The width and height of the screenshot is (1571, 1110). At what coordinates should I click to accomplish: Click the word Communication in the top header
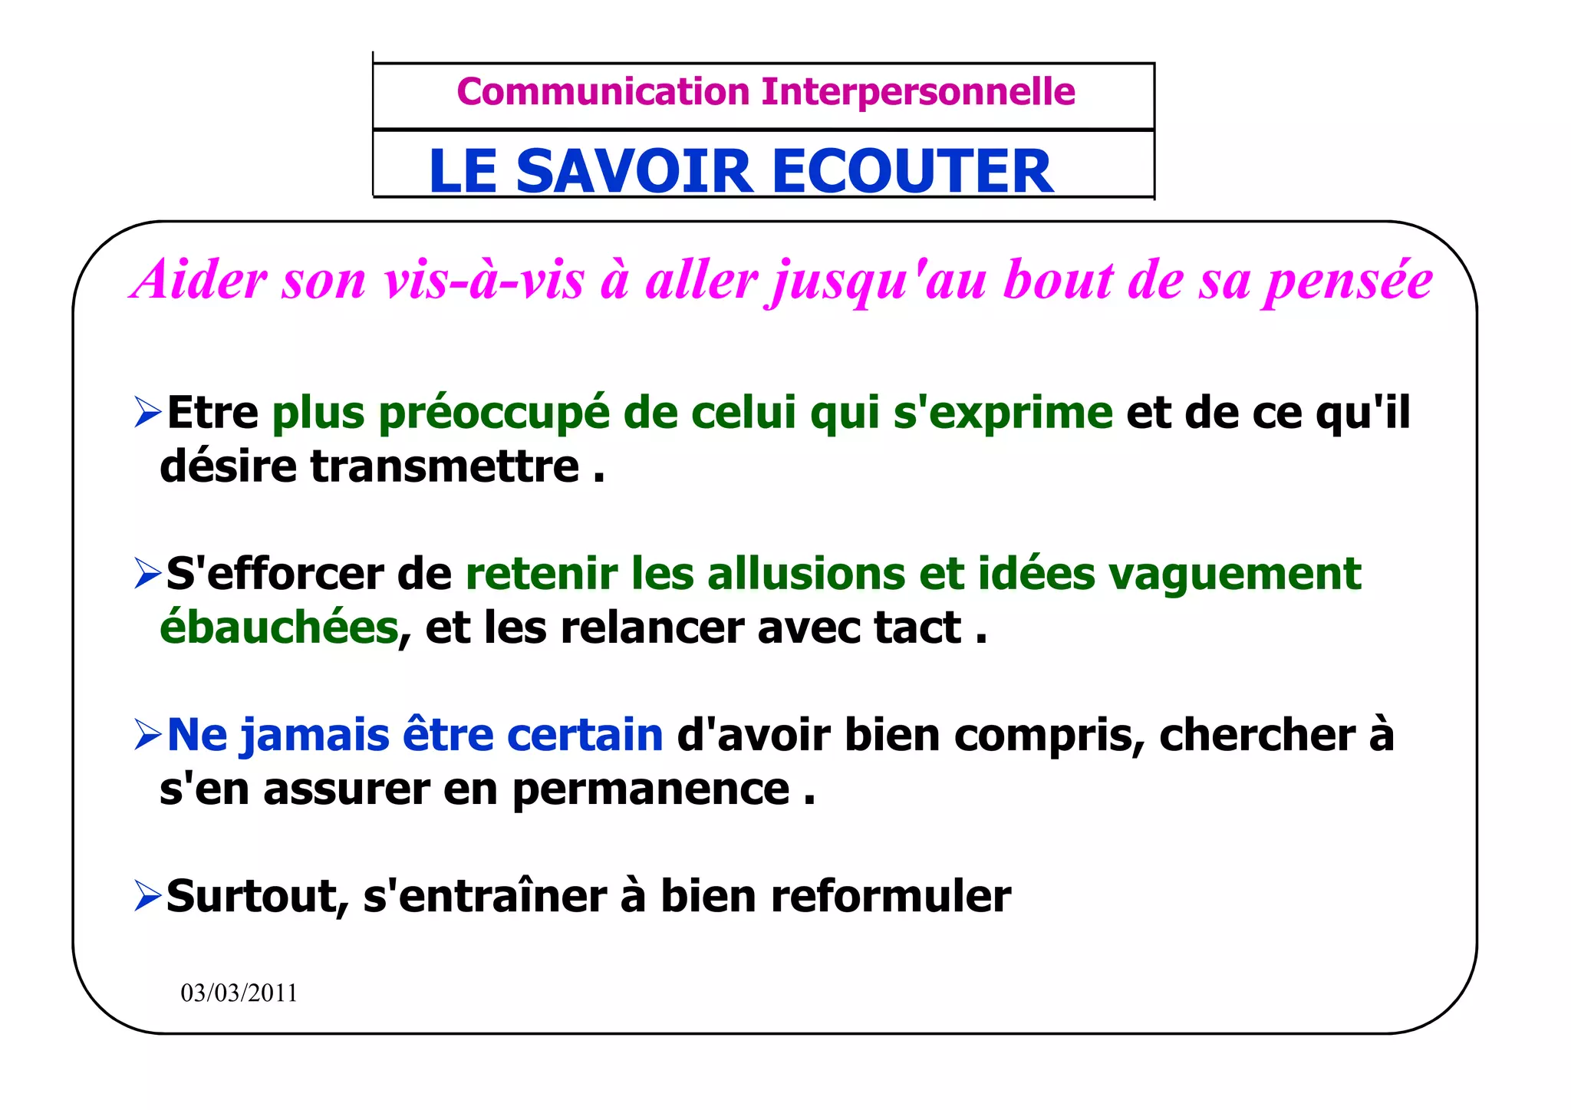pyautogui.click(x=603, y=92)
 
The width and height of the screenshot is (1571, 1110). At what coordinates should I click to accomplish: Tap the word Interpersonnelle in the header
pyautogui.click(x=918, y=92)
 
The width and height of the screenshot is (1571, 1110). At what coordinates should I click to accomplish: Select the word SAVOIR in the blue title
pyautogui.click(x=635, y=171)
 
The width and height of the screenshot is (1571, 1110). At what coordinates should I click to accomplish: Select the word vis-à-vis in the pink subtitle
pyautogui.click(x=483, y=279)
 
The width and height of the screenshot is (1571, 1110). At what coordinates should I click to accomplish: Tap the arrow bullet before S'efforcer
pyautogui.click(x=147, y=573)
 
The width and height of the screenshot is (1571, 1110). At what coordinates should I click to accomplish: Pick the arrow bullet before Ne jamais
pyautogui.click(x=147, y=734)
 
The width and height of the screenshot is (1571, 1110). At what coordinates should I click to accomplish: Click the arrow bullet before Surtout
pyautogui.click(x=147, y=895)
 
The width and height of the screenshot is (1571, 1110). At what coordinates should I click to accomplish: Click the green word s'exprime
pyautogui.click(x=1003, y=414)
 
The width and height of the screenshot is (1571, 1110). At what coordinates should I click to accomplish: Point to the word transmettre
pyautogui.click(x=444, y=466)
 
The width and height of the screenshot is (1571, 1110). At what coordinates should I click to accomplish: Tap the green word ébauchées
pyautogui.click(x=279, y=627)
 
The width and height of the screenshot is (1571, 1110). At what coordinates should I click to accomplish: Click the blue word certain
pyautogui.click(x=585, y=735)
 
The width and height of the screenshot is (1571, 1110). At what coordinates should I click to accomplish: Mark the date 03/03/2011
pyautogui.click(x=239, y=993)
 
